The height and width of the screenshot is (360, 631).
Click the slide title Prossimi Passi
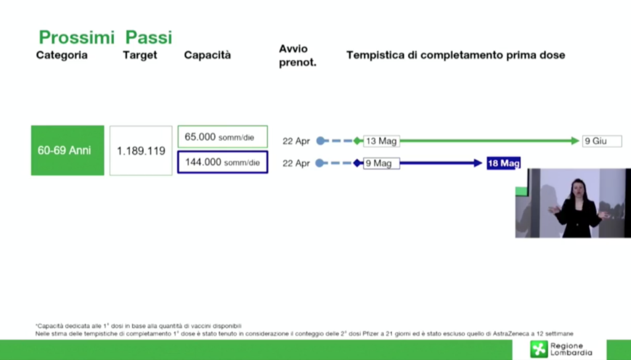(x=105, y=38)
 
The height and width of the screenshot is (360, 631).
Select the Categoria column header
(x=62, y=55)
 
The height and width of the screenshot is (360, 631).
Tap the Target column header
(x=140, y=55)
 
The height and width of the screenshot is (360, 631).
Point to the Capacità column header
(x=208, y=55)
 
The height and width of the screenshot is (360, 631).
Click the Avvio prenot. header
(x=298, y=55)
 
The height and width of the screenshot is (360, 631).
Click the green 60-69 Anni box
(x=68, y=150)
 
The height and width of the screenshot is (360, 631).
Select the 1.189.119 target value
(x=141, y=150)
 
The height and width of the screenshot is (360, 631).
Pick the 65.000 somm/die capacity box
(x=222, y=137)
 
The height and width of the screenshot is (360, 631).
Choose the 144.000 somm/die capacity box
(x=222, y=162)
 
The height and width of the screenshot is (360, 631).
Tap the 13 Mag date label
(x=381, y=141)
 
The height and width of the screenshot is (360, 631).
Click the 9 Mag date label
(x=381, y=163)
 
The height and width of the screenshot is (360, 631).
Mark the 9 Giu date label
(x=601, y=141)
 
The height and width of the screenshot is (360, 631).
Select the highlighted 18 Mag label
(x=503, y=163)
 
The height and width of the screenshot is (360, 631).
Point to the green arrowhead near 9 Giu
(x=576, y=141)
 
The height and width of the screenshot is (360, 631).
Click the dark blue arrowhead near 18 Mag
(x=478, y=163)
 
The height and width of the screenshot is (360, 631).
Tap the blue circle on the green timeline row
(x=320, y=141)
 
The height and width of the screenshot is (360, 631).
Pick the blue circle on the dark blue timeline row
(x=320, y=163)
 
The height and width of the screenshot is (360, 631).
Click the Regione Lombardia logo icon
(x=539, y=349)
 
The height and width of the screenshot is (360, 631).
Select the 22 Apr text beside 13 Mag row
(x=296, y=141)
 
